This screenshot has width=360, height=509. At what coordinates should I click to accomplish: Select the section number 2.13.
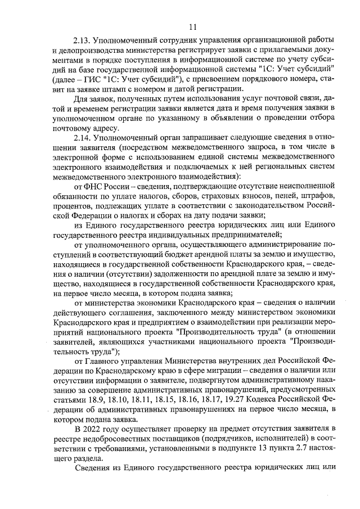(83, 42)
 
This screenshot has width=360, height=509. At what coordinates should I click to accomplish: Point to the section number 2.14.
(83, 137)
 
